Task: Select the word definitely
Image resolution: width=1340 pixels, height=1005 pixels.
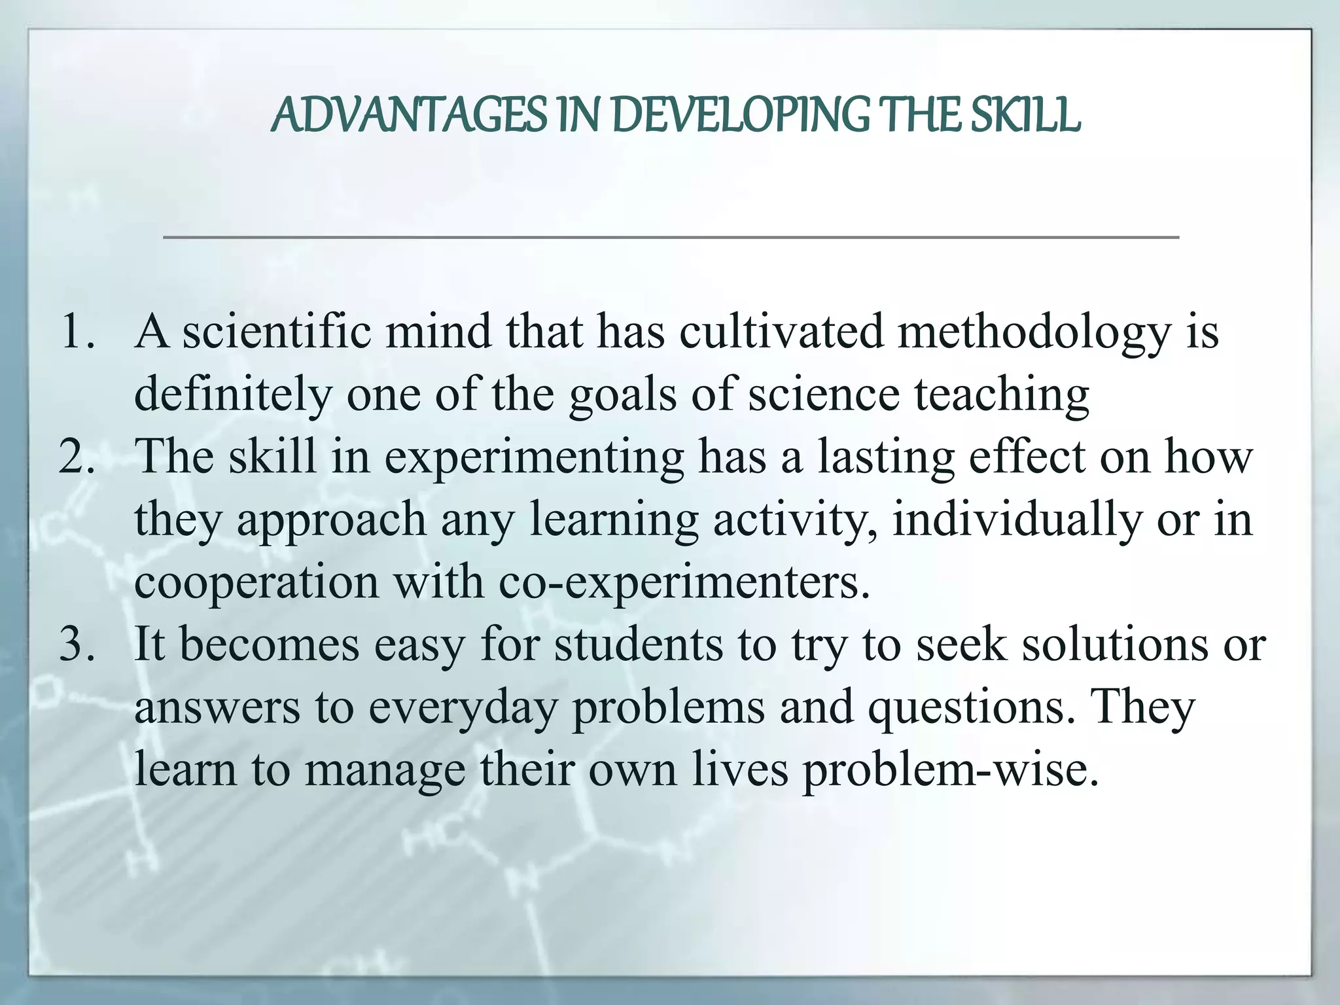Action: tap(233, 396)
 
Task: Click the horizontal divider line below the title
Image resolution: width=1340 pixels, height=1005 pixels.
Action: tap(671, 237)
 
